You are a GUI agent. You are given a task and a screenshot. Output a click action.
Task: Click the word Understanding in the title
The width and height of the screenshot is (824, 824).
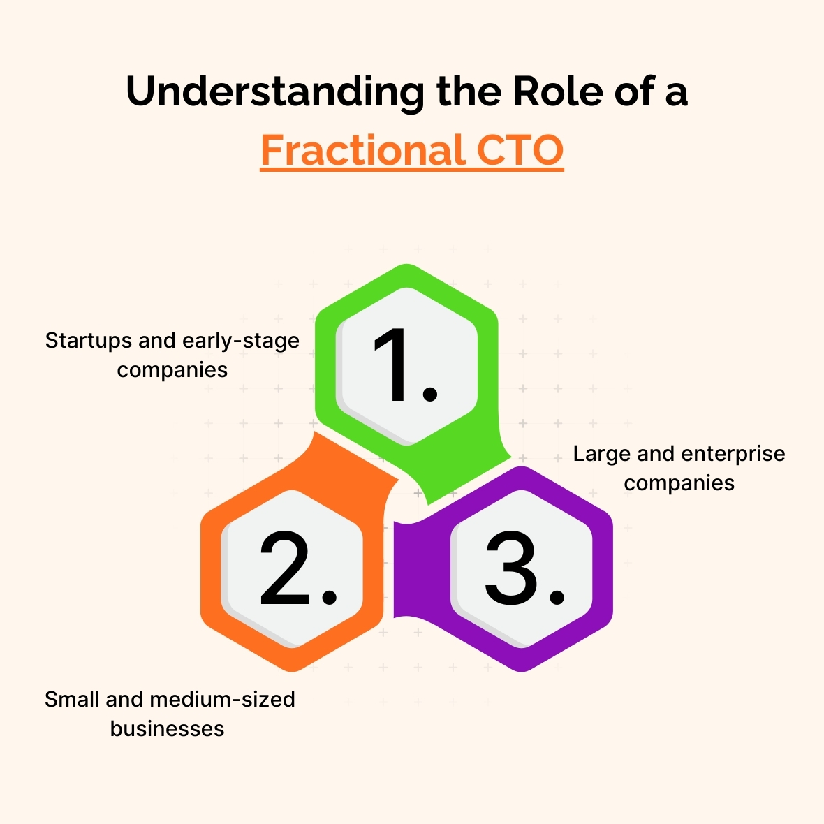(275, 92)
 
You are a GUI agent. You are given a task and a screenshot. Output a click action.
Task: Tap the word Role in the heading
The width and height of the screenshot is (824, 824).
(558, 91)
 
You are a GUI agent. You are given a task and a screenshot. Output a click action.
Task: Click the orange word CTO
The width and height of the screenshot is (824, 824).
(520, 150)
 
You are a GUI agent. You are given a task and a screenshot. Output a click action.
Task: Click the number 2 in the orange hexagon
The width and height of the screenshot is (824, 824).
(286, 568)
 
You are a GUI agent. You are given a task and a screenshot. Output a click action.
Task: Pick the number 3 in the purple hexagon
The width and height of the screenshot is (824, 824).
(510, 568)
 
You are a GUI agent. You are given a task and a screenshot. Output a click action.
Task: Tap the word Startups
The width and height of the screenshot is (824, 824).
(89, 341)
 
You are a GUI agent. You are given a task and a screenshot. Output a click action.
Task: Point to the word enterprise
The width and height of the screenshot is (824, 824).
(734, 454)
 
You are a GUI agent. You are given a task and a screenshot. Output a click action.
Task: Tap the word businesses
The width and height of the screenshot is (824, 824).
(167, 729)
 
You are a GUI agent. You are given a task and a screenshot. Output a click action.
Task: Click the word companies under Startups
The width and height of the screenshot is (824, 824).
(172, 371)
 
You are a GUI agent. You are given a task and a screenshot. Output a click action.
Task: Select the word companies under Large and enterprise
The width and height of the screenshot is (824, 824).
(679, 484)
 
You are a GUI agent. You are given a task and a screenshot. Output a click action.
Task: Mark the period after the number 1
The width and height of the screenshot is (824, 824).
(430, 394)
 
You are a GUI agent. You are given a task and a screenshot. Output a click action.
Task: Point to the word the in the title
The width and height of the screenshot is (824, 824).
(469, 91)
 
